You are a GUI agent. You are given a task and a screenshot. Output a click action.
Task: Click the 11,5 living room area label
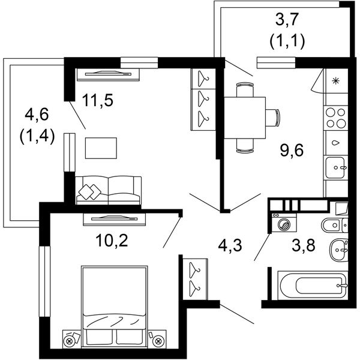pyautogui.click(x=98, y=101)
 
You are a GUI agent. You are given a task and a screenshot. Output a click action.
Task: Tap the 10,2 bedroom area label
pyautogui.click(x=112, y=241)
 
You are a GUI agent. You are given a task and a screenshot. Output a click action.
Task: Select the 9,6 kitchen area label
pyautogui.click(x=292, y=150)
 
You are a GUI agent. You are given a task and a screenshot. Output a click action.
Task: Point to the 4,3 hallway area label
pyautogui.click(x=230, y=245)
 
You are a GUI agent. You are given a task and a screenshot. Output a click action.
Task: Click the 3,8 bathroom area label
pyautogui.click(x=303, y=245)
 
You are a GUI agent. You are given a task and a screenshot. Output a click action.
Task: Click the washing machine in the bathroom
pyautogui.click(x=284, y=223)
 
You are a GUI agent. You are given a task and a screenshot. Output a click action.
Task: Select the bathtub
pyautogui.click(x=313, y=285)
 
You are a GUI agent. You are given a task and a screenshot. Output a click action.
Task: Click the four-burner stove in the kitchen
pyautogui.click(x=335, y=118)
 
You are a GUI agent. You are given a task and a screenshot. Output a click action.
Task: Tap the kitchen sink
pyautogui.click(x=335, y=167)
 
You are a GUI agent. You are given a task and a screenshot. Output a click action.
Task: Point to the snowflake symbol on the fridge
pyautogui.click(x=335, y=81)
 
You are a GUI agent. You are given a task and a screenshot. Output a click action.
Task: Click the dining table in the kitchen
pyautogui.click(x=245, y=118)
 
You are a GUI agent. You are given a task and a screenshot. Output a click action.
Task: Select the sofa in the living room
pyautogui.click(x=108, y=190)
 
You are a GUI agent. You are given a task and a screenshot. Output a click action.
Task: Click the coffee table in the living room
pyautogui.click(x=101, y=148)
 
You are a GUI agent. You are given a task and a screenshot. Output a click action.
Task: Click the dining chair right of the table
pyautogui.click(x=273, y=118)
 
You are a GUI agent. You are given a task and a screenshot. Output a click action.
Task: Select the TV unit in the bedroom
pyautogui.click(x=114, y=219)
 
